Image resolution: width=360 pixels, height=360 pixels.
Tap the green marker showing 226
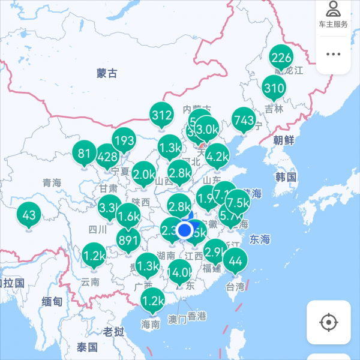[281, 58]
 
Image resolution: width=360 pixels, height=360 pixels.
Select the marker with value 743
[244, 120]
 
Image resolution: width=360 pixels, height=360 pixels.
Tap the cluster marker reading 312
[161, 116]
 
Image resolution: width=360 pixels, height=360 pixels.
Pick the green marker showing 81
[84, 153]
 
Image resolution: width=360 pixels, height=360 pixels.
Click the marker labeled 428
[107, 157]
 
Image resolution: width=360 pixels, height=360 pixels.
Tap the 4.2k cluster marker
[217, 157]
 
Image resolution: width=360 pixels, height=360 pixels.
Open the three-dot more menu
[333, 54]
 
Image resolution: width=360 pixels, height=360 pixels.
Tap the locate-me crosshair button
[328, 323]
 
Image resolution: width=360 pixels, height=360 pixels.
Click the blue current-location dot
[185, 230]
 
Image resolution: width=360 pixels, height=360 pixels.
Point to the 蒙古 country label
[107, 74]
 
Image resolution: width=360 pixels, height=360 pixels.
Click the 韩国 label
[286, 177]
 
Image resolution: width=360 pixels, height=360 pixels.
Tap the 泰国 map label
[87, 347]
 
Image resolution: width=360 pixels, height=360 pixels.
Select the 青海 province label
[52, 182]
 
